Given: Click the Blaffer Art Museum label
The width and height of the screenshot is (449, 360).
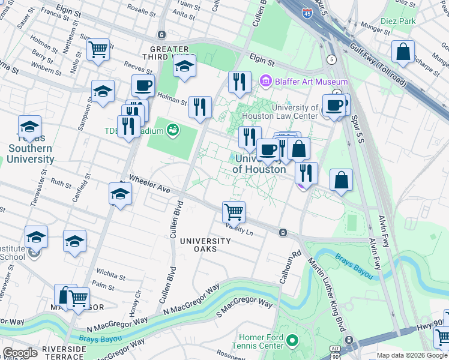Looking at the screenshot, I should (x=312, y=82).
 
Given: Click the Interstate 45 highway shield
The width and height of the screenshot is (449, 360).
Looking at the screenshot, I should (x=307, y=13).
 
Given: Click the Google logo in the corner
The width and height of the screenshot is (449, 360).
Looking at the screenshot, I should (x=20, y=353).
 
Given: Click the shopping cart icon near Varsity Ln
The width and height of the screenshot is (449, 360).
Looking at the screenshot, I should (x=234, y=211).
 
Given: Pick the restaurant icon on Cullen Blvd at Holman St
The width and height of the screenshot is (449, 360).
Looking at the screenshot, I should (x=200, y=107).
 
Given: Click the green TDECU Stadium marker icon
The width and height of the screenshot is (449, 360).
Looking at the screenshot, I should (x=173, y=130).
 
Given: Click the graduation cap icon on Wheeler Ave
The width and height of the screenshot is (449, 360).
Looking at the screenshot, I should (x=121, y=194).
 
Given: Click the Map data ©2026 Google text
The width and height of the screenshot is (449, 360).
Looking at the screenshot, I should (x=412, y=355).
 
